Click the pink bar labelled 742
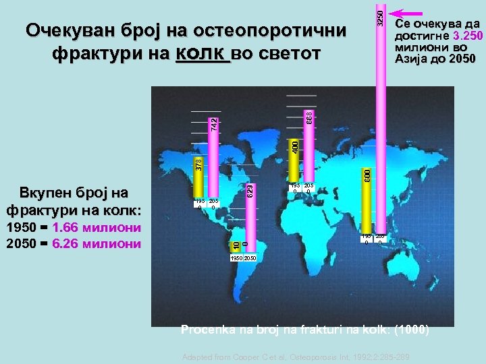(214, 162)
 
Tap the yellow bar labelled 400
(295, 162)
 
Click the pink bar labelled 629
(249, 216)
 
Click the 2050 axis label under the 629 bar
(249, 258)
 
